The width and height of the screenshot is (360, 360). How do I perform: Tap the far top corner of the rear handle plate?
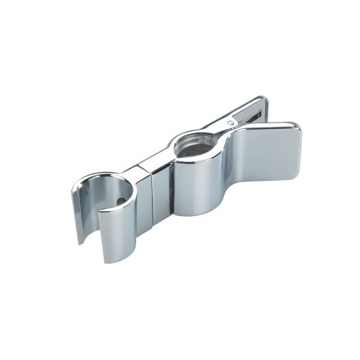click(x=262, y=99)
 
